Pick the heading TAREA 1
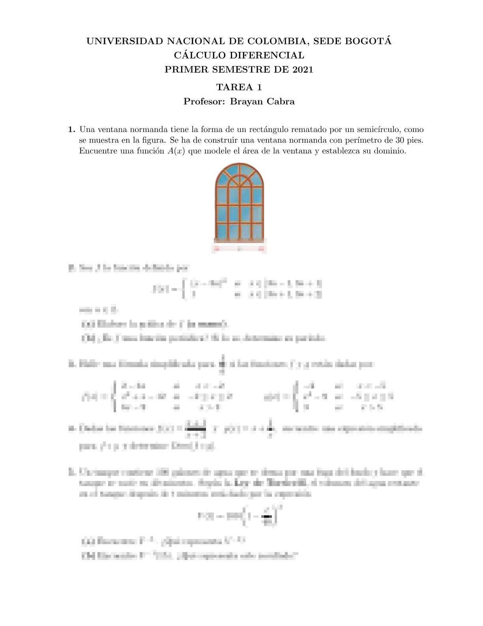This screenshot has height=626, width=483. point(239,87)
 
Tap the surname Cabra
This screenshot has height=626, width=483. point(280,102)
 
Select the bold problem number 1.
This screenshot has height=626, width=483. point(71,130)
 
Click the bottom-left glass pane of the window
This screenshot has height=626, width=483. point(222,231)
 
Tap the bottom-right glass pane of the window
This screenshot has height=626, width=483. point(257,231)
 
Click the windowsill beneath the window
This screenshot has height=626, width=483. point(239,241)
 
